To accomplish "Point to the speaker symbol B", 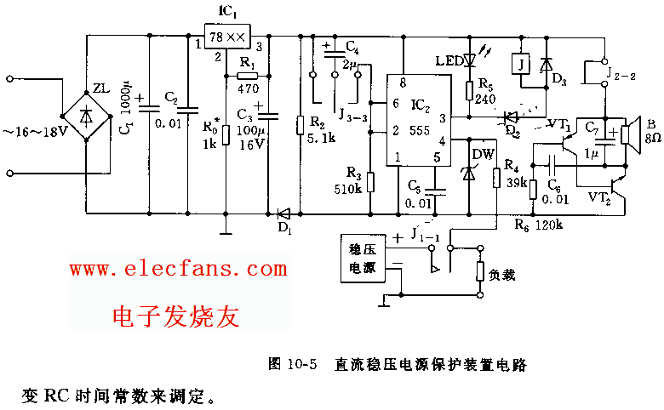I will pyautogui.click(x=629, y=134).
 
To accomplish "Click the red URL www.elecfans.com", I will pyautogui.click(x=178, y=270).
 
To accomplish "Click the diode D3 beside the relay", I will pyautogui.click(x=546, y=63).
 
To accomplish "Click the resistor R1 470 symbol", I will pyautogui.click(x=248, y=76).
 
